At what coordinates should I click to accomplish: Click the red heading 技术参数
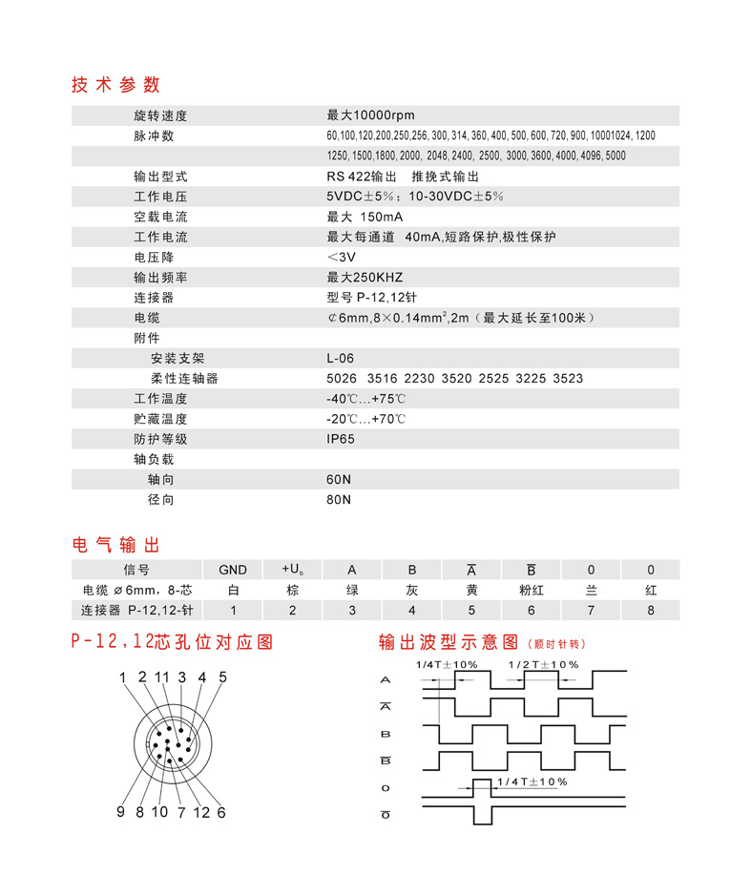pos(115,84)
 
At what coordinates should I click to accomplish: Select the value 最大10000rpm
pos(370,115)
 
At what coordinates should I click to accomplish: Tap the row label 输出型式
pos(160,177)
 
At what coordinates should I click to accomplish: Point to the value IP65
pos(340,439)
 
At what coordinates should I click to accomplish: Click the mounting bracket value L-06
pos(340,359)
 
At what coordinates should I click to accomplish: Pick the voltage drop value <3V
pos(341,258)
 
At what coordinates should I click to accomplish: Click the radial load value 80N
pos(339,499)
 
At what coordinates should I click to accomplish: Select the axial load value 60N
pos(339,479)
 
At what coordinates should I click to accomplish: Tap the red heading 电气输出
pos(115,545)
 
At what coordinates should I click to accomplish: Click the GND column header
pos(233,570)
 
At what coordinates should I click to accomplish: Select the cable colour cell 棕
pos(293,590)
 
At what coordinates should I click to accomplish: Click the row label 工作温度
pos(160,399)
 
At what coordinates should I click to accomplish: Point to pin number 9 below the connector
pos(121,812)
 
